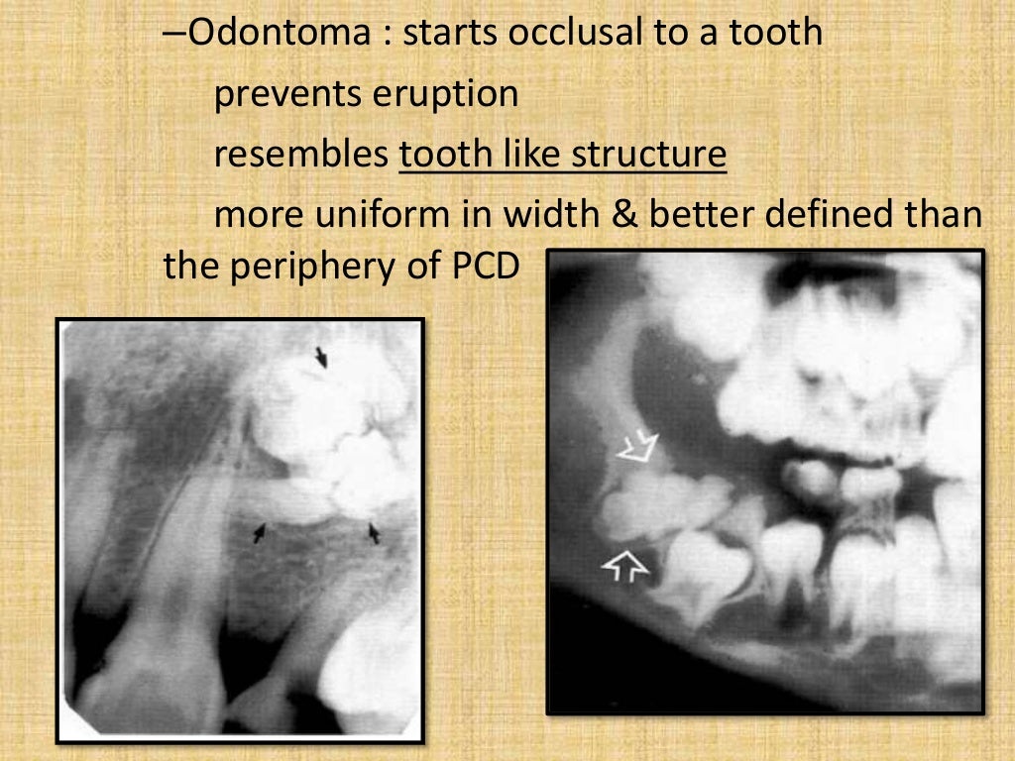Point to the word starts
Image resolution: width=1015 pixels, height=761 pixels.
[x=452, y=33]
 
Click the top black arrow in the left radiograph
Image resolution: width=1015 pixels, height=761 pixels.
[x=320, y=356]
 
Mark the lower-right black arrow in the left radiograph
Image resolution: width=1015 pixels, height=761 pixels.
[x=375, y=533]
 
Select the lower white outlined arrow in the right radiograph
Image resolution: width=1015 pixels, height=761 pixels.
[x=625, y=566]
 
